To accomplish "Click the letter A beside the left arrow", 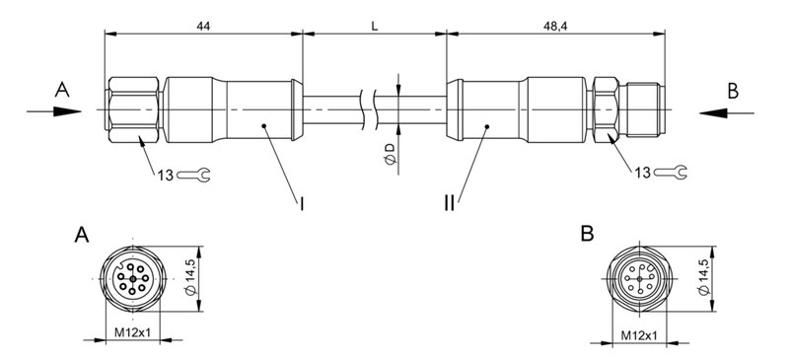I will coord(62,90).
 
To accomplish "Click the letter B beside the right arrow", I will coord(733,91).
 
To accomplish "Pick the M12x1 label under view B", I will coord(640,334).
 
